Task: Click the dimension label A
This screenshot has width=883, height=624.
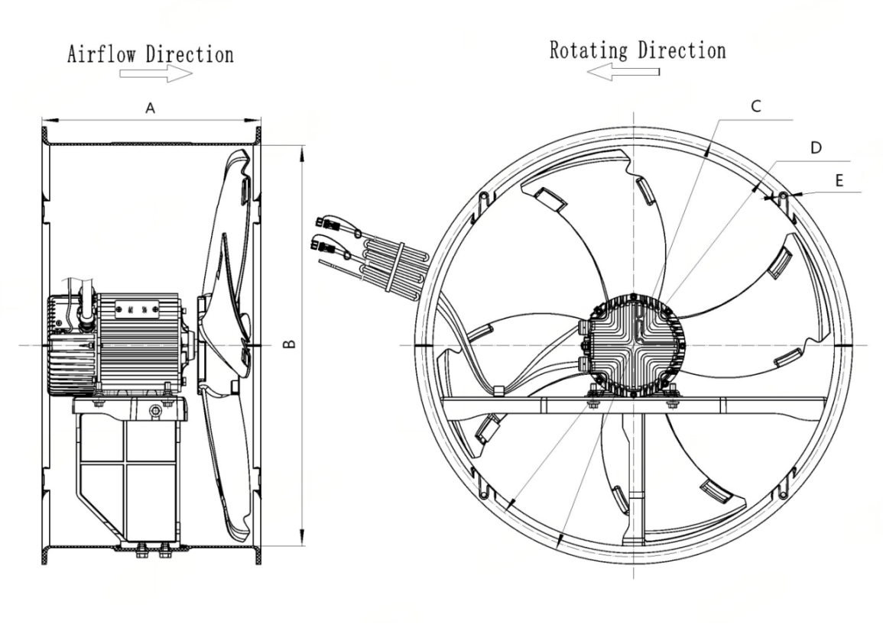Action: click(150, 108)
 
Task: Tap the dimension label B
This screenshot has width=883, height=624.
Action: click(289, 343)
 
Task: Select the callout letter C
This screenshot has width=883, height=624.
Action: click(756, 105)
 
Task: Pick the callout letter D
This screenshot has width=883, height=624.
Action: click(816, 147)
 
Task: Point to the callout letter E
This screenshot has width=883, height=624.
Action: click(839, 180)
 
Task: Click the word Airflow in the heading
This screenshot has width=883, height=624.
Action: click(102, 54)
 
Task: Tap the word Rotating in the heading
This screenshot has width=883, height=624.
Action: click(589, 50)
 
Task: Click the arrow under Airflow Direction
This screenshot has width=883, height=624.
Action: click(156, 73)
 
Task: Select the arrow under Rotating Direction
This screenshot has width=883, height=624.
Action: click(623, 72)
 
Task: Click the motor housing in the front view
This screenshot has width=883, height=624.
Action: click(635, 344)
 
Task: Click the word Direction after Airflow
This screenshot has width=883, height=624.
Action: click(190, 54)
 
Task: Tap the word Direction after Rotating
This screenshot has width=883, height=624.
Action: click(682, 50)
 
